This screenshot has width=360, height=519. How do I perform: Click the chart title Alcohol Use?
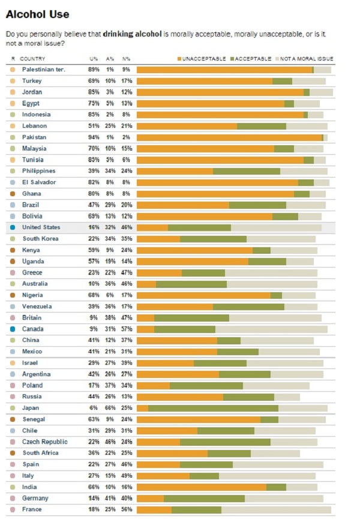37,14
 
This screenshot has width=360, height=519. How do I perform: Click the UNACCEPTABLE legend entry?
202,58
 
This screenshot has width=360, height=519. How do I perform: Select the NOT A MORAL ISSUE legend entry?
305,58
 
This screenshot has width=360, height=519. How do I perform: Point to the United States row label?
41,227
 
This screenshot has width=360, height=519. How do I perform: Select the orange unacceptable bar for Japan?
143,408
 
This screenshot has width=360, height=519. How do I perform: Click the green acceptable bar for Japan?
213,408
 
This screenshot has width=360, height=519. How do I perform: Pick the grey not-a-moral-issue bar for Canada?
271,329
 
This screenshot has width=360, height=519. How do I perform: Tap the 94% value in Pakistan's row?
94,137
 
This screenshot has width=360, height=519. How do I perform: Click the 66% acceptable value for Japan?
110,408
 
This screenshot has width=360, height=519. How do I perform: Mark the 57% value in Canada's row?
127,329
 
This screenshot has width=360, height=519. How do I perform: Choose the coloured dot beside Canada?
13,329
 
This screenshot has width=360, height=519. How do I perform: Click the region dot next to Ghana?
13,193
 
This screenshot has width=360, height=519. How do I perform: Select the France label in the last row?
31,509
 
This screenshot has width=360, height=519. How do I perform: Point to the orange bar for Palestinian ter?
224,70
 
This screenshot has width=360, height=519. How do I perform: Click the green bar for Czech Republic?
225,442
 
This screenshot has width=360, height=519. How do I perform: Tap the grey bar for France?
276,509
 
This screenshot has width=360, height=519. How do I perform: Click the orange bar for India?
202,487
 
